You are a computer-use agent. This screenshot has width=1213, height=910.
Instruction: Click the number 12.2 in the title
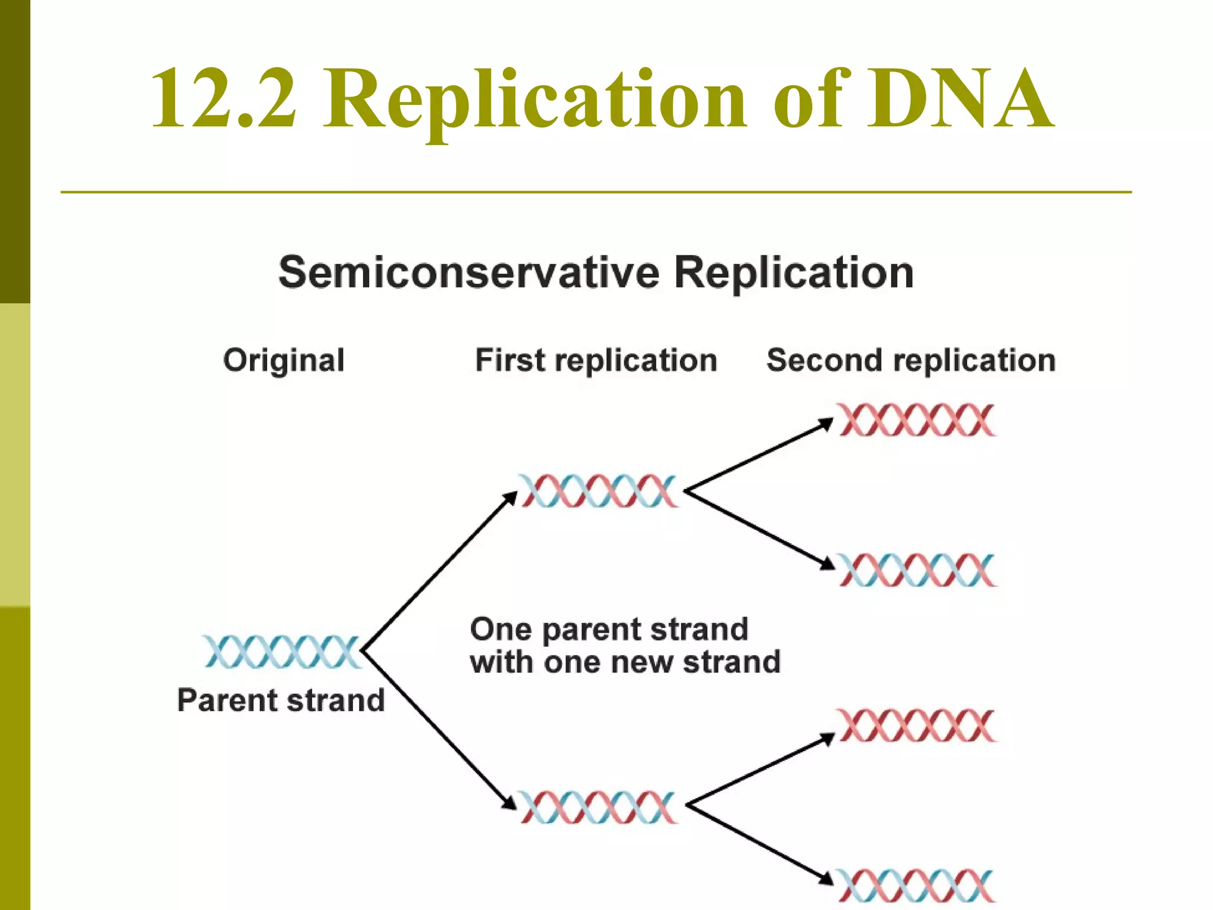[x=223, y=98]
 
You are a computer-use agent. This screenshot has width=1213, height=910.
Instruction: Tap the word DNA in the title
[x=960, y=98]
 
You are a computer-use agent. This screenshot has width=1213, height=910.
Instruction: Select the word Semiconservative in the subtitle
[x=468, y=273]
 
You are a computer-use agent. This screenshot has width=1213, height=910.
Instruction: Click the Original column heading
[x=284, y=360]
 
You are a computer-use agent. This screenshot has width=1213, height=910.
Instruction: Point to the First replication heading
[x=596, y=360]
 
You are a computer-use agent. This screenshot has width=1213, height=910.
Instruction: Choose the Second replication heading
[x=911, y=360]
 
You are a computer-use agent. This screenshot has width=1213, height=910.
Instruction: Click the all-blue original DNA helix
[x=282, y=652]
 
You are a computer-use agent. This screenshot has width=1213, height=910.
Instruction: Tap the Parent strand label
[x=281, y=700]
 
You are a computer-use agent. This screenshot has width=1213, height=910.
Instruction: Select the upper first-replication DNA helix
[x=598, y=491]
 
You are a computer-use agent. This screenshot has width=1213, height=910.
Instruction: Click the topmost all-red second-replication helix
[x=916, y=420]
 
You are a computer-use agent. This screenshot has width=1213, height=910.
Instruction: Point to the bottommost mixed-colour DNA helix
[x=916, y=886]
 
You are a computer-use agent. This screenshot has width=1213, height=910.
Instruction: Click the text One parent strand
[x=609, y=629]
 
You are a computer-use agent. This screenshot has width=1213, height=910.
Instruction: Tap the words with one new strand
[x=625, y=662]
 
